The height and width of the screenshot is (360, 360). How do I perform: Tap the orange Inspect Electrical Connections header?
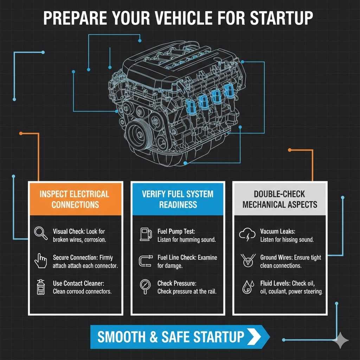pos(75,199)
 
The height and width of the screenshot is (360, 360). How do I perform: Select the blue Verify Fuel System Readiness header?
pos(178,199)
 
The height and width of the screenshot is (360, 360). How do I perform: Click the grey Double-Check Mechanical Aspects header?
pos(280,199)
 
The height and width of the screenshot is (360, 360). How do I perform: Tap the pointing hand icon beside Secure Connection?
pos(40,261)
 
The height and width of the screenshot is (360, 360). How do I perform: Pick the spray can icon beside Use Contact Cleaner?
pos(40,287)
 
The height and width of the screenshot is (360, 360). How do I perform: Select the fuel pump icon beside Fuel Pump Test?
pos(145,234)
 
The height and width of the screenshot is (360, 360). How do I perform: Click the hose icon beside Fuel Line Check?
pos(145,261)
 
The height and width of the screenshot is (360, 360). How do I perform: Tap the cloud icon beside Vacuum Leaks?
pos(247,234)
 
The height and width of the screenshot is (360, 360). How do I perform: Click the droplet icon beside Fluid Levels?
pos(247,287)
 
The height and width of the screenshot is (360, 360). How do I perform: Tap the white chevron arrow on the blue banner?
pos(254,336)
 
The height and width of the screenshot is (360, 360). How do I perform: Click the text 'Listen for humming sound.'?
pos(187,240)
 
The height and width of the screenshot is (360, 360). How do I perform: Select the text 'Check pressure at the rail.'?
pos(187,291)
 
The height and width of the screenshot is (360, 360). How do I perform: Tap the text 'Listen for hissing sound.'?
pos(287,240)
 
